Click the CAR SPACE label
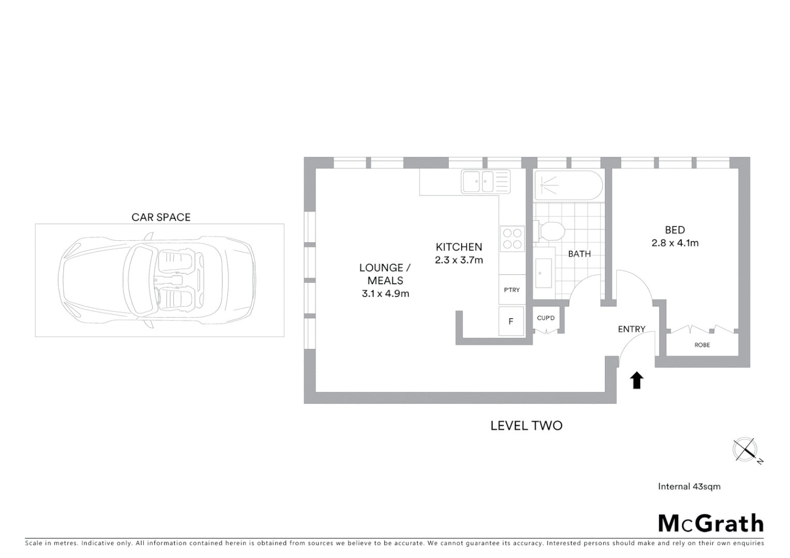(x=161, y=217)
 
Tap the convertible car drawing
(x=158, y=280)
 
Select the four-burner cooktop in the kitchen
(x=512, y=239)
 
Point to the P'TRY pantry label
(x=512, y=290)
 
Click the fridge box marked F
(x=511, y=321)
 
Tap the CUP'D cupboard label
(x=545, y=318)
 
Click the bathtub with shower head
(x=568, y=185)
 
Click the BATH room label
(x=579, y=254)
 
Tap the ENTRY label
(x=631, y=329)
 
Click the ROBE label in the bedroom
(x=702, y=345)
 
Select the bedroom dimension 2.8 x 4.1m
(x=675, y=243)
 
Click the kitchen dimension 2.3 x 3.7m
(x=459, y=260)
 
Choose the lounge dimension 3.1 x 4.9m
(x=385, y=294)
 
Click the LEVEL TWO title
(x=526, y=426)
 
